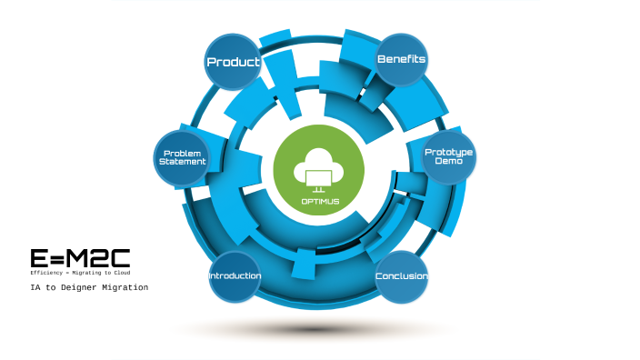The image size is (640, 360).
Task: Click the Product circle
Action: pyautogui.click(x=234, y=62)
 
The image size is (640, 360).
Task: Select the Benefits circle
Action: pyautogui.click(x=401, y=59)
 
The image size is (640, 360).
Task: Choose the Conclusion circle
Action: pyautogui.click(x=401, y=276)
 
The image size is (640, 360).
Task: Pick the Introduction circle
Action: pyautogui.click(x=235, y=276)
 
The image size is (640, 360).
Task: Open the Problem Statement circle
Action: pyautogui.click(x=183, y=156)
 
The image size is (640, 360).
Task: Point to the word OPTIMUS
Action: pyautogui.click(x=319, y=200)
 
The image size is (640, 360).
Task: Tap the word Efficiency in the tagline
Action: pyautogui.click(x=48, y=273)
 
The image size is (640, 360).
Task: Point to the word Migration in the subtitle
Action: pyautogui.click(x=127, y=287)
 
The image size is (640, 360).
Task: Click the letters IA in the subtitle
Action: pyautogui.click(x=35, y=287)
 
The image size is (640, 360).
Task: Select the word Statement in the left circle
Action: pyautogui.click(x=183, y=161)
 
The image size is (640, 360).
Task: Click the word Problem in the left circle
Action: pyautogui.click(x=183, y=152)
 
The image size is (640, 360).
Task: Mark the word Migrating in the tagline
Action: pyautogui.click(x=90, y=273)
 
